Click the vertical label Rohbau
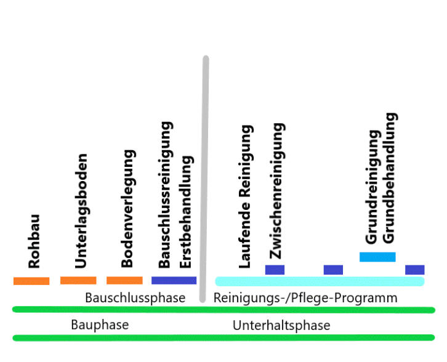[34, 241]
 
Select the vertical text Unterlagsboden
[81, 211]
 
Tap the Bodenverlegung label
[127, 209]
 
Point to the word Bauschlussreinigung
[164, 195]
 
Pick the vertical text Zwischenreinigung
[277, 191]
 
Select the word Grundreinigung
[371, 186]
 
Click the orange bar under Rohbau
[31, 281]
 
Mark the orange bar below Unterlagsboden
[78, 280]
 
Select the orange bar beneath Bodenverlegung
[124, 280]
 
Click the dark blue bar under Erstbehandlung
[174, 280]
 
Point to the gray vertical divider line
[205, 179]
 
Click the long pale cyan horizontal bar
[320, 281]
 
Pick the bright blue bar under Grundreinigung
[377, 257]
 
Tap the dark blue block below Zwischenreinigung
[275, 270]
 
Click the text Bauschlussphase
[135, 298]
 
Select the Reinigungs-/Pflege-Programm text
[305, 298]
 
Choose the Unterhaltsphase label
[281, 325]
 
